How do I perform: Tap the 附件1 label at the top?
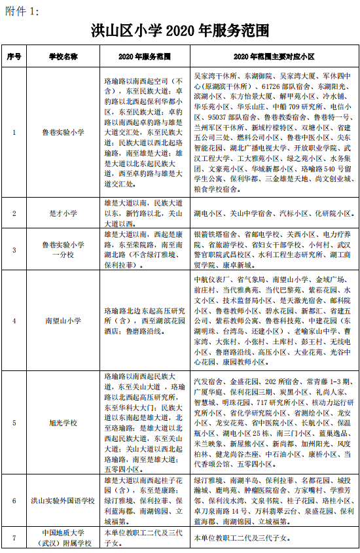click(x=22, y=10)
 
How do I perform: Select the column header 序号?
click(x=14, y=57)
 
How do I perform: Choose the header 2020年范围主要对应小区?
click(x=274, y=57)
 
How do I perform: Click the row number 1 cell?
click(x=14, y=132)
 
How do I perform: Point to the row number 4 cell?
click(x=14, y=321)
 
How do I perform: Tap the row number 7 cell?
click(x=14, y=539)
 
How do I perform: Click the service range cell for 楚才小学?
click(x=145, y=213)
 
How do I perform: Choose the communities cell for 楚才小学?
click(x=274, y=213)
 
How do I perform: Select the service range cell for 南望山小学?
click(x=145, y=321)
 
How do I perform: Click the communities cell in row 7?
click(x=274, y=539)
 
